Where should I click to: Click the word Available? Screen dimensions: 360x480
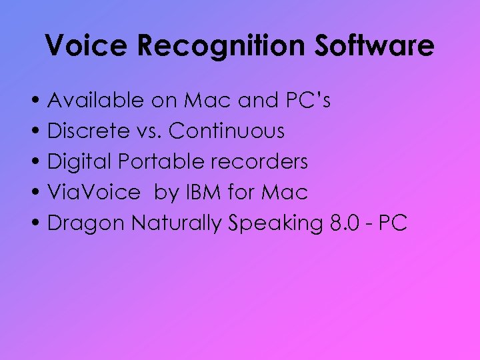coord(95,101)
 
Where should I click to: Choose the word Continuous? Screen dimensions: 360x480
coord(227,131)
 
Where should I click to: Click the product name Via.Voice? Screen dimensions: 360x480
coord(94,193)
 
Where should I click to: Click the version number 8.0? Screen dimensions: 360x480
coord(345,223)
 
